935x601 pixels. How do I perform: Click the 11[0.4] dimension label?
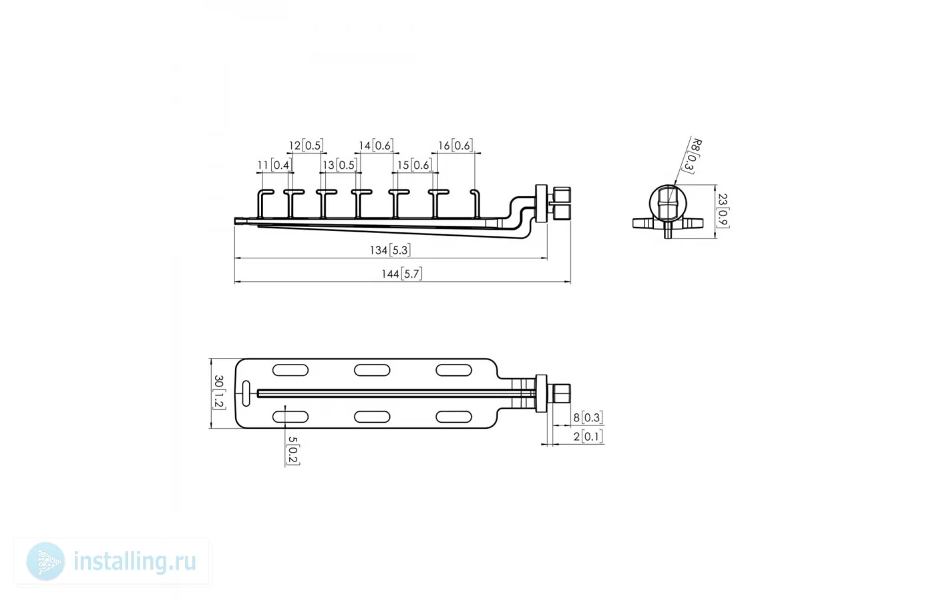274,166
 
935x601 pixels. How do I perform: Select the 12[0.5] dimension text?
306,146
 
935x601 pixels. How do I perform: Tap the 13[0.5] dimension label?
340,166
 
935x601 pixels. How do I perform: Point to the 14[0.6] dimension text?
376,146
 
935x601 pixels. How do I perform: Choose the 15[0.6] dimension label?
414,166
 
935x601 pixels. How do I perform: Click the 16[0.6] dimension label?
455,146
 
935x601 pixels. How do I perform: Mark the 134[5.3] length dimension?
390,250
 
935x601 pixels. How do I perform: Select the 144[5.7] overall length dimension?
402,274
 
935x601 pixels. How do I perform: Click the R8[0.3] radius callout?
692,156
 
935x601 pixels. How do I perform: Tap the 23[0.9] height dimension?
723,211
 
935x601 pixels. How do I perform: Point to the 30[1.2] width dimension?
219,393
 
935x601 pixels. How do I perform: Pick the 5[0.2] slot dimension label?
293,451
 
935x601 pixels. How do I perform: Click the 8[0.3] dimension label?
588,417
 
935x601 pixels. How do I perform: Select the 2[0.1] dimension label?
588,437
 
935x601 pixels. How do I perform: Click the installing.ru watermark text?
135,562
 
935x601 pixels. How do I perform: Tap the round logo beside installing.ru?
45,562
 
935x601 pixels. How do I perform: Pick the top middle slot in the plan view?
372,370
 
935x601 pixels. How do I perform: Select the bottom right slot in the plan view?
453,417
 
